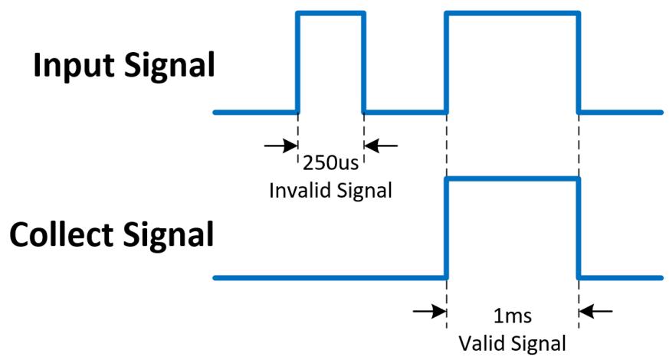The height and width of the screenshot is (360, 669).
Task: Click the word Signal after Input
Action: pyautogui.click(x=170, y=66)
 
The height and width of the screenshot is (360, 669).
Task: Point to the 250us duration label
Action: pyautogui.click(x=330, y=162)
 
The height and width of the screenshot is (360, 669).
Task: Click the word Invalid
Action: pyautogui.click(x=295, y=190)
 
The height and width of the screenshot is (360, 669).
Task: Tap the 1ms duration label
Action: pyautogui.click(x=513, y=316)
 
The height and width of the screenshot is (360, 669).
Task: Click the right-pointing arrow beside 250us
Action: pyautogui.click(x=280, y=146)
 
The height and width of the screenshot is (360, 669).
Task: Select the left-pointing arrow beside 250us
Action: pyautogui.click(x=381, y=146)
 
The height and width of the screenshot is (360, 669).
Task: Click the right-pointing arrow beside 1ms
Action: pyautogui.click(x=430, y=312)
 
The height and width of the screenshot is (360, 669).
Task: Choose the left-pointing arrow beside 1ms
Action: pyautogui.click(x=596, y=312)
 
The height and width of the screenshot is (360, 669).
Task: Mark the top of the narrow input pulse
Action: pyautogui.click(x=330, y=14)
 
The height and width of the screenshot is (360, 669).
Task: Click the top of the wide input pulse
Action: pyautogui.click(x=513, y=14)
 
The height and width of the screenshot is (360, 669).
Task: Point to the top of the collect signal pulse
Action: pyautogui.click(x=513, y=179)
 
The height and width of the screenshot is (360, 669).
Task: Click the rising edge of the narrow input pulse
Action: pyautogui.click(x=298, y=63)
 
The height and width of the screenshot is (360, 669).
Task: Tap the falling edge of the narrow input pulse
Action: pyautogui.click(x=363, y=63)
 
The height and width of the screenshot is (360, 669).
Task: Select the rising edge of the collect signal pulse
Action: pyautogui.click(x=447, y=228)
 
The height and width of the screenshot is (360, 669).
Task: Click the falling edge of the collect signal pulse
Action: pyautogui.click(x=579, y=228)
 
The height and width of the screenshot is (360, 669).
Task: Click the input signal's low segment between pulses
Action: pyautogui.click(x=405, y=113)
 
